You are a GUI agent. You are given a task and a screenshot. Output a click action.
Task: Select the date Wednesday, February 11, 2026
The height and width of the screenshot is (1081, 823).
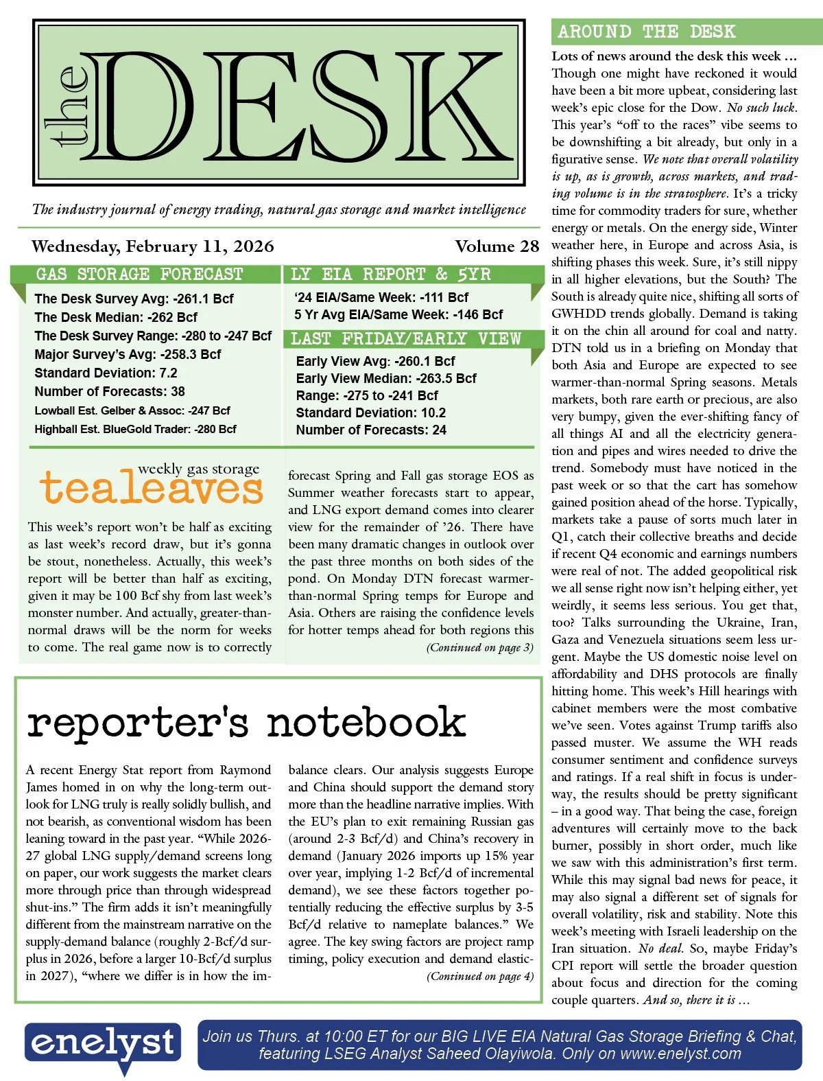[152, 246]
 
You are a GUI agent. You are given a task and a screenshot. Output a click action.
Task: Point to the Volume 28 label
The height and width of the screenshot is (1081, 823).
[497, 246]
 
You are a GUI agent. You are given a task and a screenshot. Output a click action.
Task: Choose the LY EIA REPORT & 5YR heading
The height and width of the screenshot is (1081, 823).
[390, 275]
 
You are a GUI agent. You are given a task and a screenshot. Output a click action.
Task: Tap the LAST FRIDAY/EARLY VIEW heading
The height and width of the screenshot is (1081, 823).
[406, 338]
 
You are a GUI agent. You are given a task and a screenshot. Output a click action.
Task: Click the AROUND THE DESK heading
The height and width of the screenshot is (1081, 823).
[646, 32]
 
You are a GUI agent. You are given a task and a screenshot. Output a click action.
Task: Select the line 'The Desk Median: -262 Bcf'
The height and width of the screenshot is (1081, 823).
[116, 317]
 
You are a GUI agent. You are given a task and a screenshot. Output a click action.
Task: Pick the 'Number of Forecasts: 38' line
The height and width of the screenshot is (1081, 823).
[110, 391]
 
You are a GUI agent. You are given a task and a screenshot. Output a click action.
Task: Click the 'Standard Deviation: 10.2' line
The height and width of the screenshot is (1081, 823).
[370, 412]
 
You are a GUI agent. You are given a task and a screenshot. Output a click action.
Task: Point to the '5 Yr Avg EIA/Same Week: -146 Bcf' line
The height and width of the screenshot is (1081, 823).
[398, 314]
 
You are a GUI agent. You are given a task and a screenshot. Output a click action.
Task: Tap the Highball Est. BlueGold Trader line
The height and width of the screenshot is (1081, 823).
[135, 429]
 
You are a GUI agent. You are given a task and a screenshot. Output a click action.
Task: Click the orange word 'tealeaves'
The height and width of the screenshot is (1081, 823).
[152, 489]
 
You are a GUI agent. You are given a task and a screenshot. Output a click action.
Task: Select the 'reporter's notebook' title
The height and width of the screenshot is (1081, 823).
[246, 723]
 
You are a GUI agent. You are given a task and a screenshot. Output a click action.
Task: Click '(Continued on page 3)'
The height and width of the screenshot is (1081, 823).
[479, 647]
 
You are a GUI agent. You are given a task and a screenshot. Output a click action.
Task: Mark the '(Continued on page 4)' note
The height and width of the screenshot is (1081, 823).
[479, 976]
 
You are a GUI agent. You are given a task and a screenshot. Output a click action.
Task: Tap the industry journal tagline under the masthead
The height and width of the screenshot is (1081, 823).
[279, 209]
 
